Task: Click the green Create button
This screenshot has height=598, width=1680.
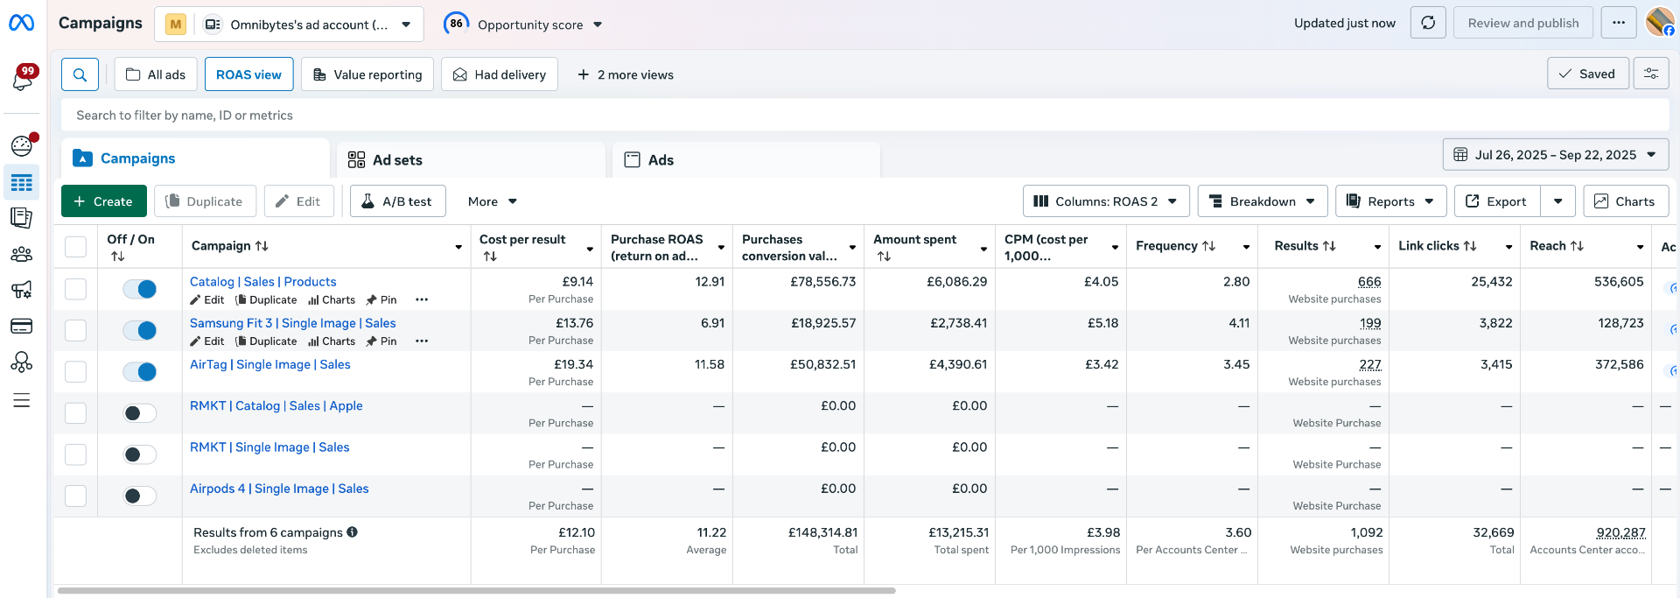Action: (103, 201)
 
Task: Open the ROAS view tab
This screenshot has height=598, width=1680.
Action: (248, 74)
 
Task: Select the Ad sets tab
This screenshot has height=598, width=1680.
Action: (397, 160)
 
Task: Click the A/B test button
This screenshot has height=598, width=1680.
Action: (397, 201)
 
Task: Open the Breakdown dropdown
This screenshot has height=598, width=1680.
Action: (1262, 201)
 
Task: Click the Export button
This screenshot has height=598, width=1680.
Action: (1496, 201)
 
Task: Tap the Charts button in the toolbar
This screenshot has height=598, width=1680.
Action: (1625, 201)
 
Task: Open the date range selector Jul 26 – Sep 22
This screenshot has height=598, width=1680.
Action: (1555, 155)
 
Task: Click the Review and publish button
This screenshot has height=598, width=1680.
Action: (1522, 24)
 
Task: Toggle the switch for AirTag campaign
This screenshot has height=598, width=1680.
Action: (140, 372)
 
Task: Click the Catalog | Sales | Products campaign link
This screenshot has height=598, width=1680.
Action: (263, 282)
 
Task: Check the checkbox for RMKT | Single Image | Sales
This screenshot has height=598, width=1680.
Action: (76, 454)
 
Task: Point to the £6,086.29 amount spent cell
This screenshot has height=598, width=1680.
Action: (956, 282)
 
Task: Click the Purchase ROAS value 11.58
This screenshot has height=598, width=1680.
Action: (710, 364)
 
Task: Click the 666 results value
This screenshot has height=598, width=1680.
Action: (1369, 282)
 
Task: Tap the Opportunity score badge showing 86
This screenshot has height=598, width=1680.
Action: (456, 24)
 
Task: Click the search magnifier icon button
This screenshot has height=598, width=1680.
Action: (80, 74)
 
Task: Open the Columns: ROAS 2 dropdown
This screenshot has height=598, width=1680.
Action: (1105, 201)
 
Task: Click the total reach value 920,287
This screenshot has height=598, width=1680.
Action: (1620, 532)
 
